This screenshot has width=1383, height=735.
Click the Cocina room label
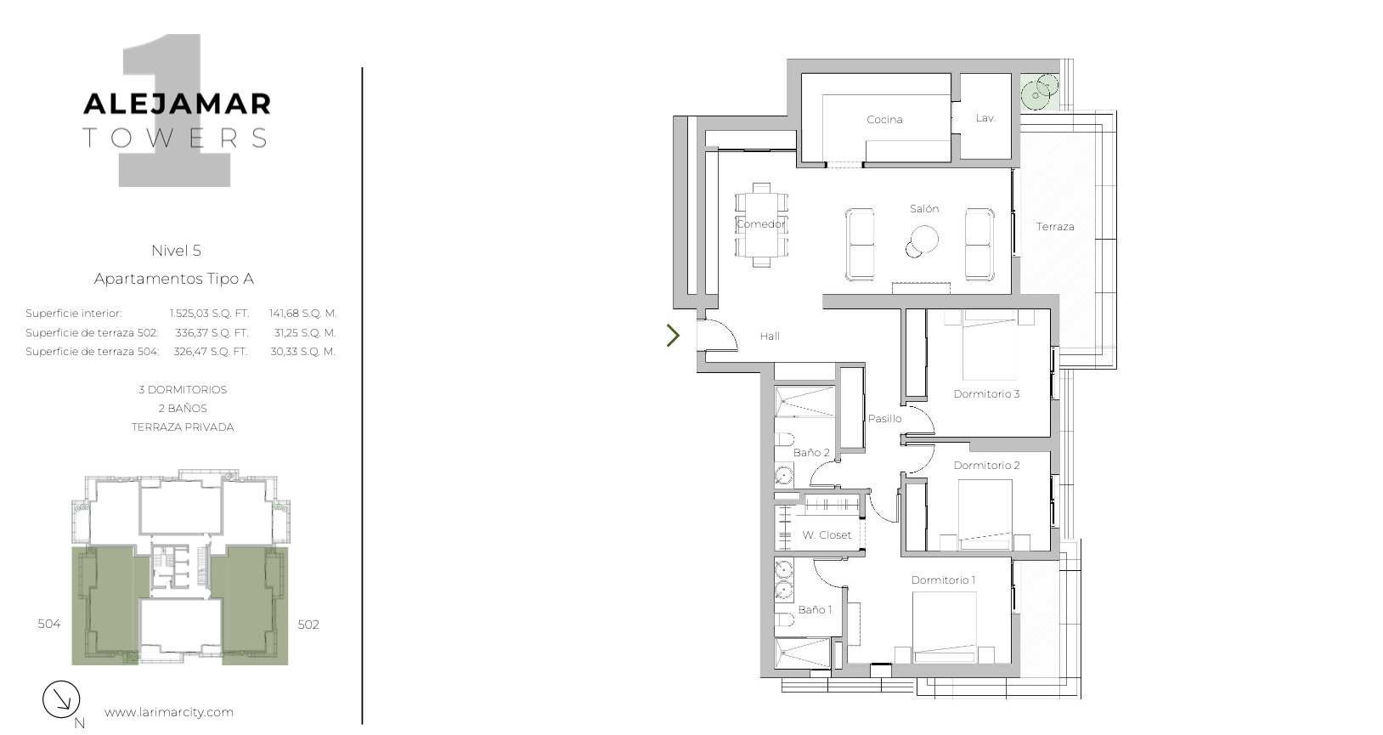point(884,119)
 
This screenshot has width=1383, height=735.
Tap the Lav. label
point(985,118)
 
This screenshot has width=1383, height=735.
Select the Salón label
point(924,209)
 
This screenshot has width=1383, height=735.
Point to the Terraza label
point(1055,227)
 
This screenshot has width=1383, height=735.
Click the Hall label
point(770,336)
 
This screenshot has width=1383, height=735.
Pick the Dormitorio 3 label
point(986,393)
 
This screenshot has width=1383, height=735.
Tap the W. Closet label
point(827,534)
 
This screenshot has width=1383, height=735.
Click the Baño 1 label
point(815,609)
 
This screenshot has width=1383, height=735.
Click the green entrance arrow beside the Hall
point(673,336)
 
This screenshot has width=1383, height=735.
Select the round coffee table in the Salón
point(924,240)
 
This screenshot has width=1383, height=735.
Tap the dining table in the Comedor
point(761,225)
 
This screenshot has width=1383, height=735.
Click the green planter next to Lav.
point(1040,93)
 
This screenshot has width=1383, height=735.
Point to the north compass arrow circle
point(61,699)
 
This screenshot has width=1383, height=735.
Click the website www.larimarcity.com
point(169,712)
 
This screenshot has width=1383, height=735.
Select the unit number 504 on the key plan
point(48,624)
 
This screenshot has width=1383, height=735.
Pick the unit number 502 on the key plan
point(308,625)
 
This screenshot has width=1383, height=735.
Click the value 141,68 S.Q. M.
point(302,314)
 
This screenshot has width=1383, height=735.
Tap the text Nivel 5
point(176,251)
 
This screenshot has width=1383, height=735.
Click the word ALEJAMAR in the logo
point(178,104)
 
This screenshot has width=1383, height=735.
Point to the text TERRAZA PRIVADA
point(183,427)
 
